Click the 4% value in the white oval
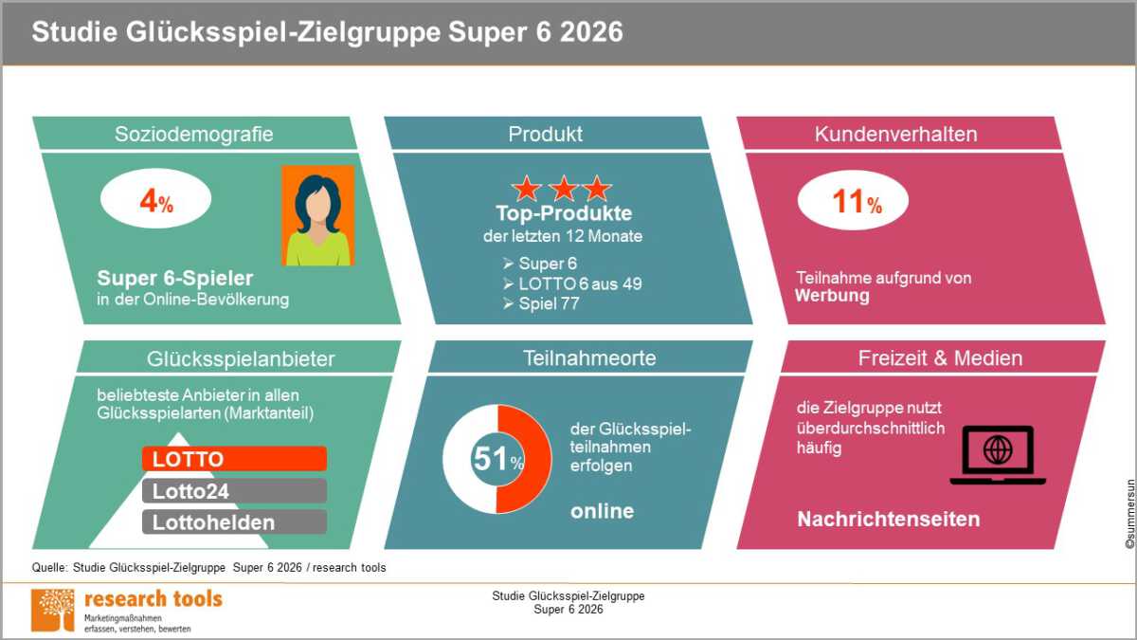pyautogui.click(x=156, y=201)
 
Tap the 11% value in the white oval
pyautogui.click(x=857, y=201)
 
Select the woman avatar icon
pyautogui.click(x=318, y=215)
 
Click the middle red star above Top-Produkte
pyautogui.click(x=564, y=189)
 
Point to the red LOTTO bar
pyautogui.click(x=235, y=459)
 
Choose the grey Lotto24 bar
pyautogui.click(x=235, y=491)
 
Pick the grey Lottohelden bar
pyautogui.click(x=235, y=522)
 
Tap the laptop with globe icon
pyautogui.click(x=998, y=455)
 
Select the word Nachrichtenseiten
pyautogui.click(x=889, y=520)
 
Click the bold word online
pyautogui.click(x=602, y=511)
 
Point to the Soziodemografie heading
pyautogui.click(x=194, y=134)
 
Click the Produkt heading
pyautogui.click(x=545, y=134)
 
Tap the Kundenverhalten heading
pyautogui.click(x=896, y=134)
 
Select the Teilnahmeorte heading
pyautogui.click(x=589, y=358)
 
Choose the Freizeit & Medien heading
pyautogui.click(x=940, y=358)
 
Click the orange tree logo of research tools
pyautogui.click(x=53, y=610)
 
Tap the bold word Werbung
pyautogui.click(x=832, y=296)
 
